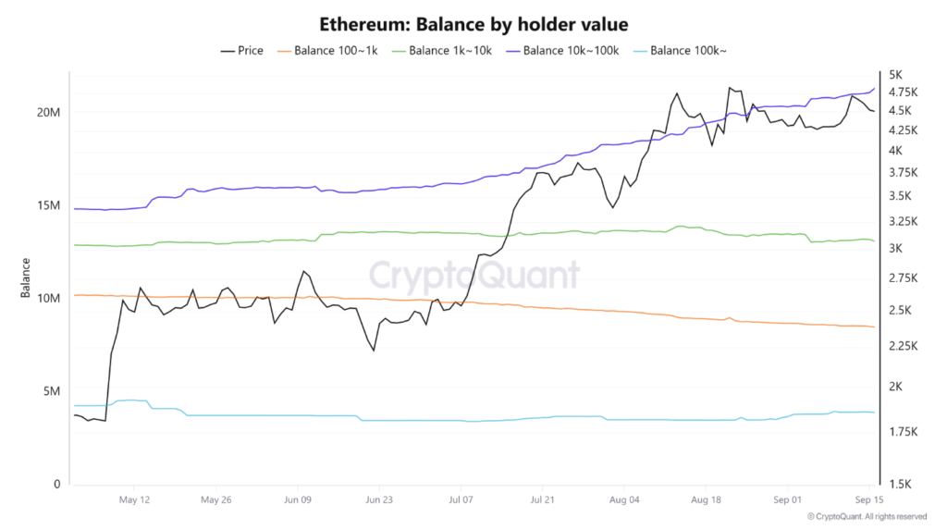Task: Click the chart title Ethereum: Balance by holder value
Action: pyautogui.click(x=473, y=22)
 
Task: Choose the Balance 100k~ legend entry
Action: pyautogui.click(x=683, y=50)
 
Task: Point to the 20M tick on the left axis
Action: pyautogui.click(x=48, y=112)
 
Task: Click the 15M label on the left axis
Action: pyautogui.click(x=48, y=205)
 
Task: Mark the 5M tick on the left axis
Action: pyautogui.click(x=51, y=391)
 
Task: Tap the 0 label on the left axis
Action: pyautogui.click(x=56, y=485)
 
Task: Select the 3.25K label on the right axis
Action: pyautogui.click(x=902, y=222)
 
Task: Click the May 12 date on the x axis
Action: pyautogui.click(x=134, y=499)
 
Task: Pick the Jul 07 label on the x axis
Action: pyautogui.click(x=461, y=499)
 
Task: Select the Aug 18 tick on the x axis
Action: pyautogui.click(x=706, y=499)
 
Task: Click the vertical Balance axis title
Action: pyautogui.click(x=26, y=278)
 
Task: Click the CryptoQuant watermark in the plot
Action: pyautogui.click(x=474, y=275)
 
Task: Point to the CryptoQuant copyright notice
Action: pyautogui.click(x=867, y=516)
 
